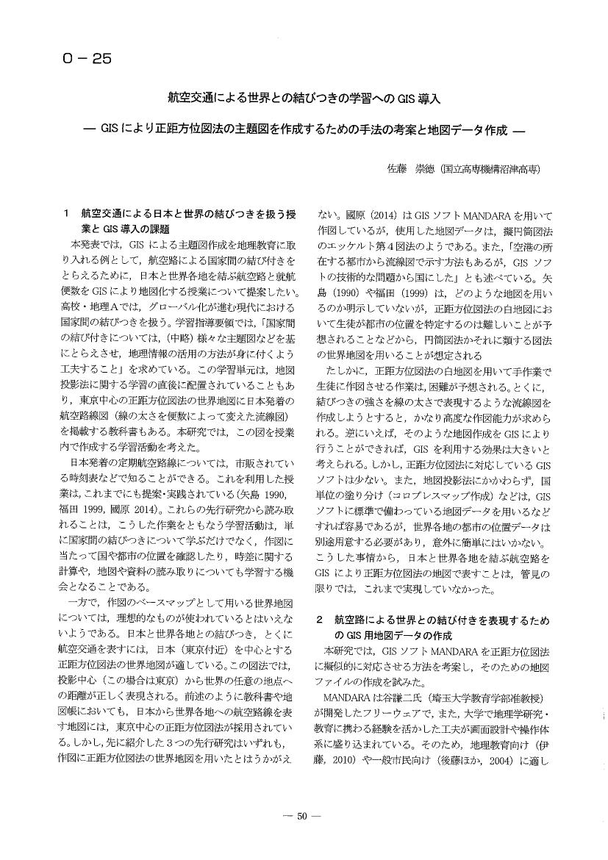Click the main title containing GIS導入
[x=304, y=98]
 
